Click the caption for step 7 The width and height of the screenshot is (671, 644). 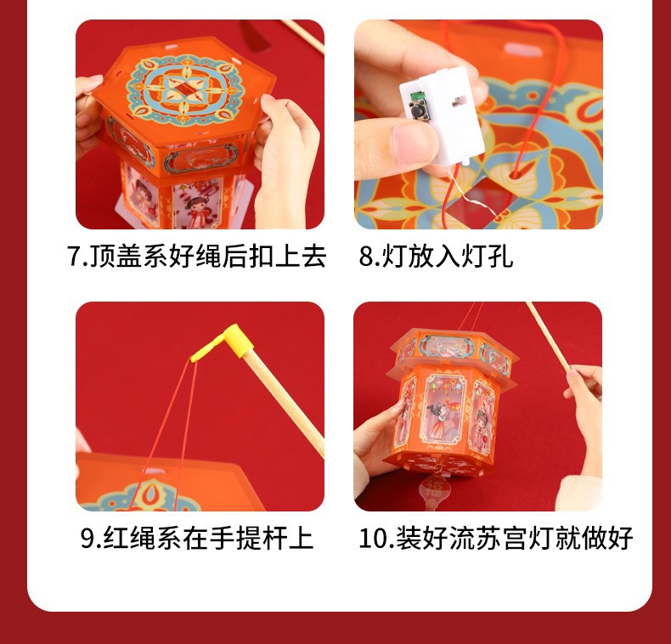click(x=196, y=257)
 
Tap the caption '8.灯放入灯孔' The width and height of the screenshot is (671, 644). click(x=435, y=257)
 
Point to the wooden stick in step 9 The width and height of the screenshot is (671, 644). click(x=280, y=399)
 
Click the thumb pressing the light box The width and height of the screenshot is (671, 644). click(x=403, y=136)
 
